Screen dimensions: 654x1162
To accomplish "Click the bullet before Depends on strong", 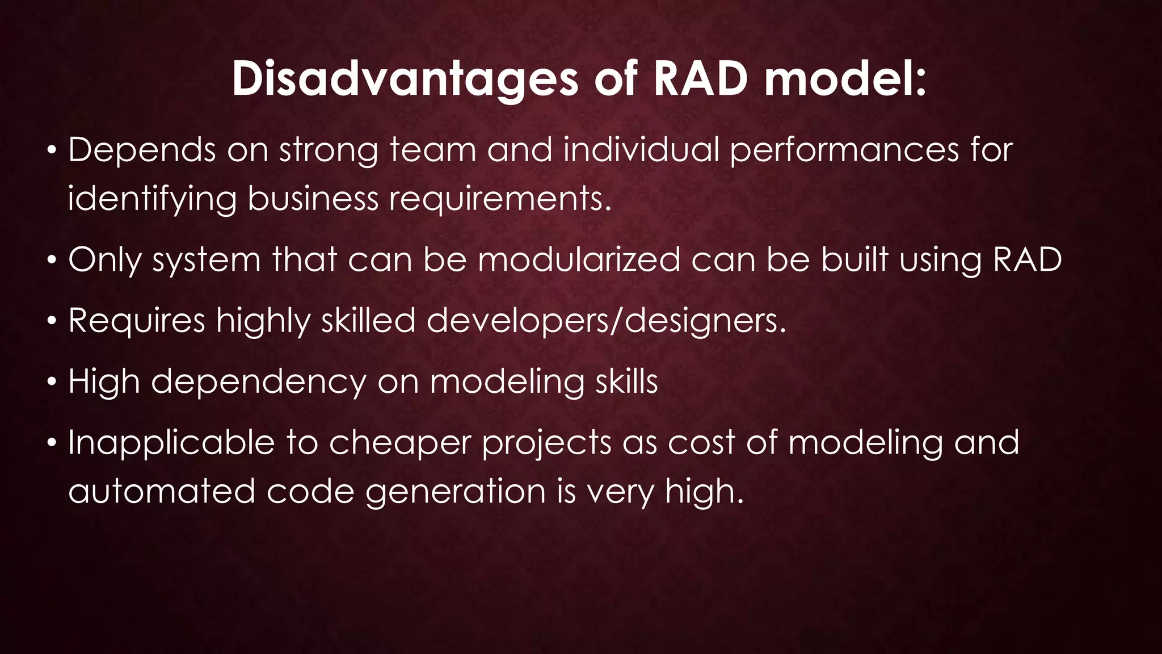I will click(52, 152).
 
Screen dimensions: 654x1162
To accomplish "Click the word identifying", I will click(151, 200).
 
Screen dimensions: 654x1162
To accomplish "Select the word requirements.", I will click(500, 200).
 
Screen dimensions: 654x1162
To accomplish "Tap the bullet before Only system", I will click(52, 261).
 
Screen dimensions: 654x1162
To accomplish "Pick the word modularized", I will click(579, 260).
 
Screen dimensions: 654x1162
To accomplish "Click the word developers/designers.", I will click(606, 321).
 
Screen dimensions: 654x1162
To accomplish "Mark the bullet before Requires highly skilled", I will click(52, 322).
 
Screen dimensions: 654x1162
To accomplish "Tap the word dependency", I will click(259, 383).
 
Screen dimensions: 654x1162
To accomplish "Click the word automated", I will click(162, 492).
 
